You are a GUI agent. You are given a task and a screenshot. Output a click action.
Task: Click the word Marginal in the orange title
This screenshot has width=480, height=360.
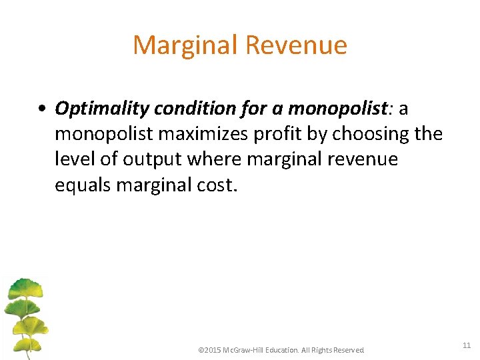185,45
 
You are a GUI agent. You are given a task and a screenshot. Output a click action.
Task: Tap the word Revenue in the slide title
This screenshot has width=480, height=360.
296,45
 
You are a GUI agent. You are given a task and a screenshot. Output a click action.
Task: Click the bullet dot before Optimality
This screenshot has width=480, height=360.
42,108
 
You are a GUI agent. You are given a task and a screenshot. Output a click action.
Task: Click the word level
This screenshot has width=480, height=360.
73,159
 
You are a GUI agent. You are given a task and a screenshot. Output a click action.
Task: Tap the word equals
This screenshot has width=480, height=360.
83,185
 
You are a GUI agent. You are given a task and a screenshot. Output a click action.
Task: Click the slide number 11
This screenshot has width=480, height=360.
466,345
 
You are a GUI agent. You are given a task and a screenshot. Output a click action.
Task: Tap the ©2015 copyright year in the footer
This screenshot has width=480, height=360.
210,350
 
